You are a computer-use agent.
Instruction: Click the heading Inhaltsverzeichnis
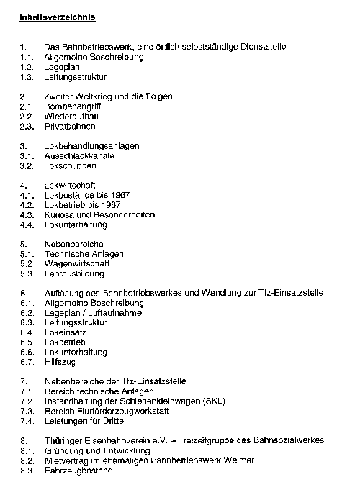pyautogui.click(x=58, y=16)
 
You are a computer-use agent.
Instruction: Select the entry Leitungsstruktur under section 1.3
pyautogui.click(x=76, y=76)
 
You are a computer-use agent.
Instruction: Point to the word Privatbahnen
pyautogui.click(x=71, y=126)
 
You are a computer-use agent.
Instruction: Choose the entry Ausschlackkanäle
pyautogui.click(x=79, y=155)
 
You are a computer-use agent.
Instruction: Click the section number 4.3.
pyautogui.click(x=28, y=214)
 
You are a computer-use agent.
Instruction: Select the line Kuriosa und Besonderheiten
pyautogui.click(x=99, y=214)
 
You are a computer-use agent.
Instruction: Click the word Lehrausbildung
pyautogui.click(x=74, y=274)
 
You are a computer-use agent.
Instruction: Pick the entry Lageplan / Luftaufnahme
pyautogui.click(x=93, y=313)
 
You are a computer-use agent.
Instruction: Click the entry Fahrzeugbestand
pyautogui.click(x=78, y=471)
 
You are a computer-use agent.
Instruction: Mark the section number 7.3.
pyautogui.click(x=28, y=412)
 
